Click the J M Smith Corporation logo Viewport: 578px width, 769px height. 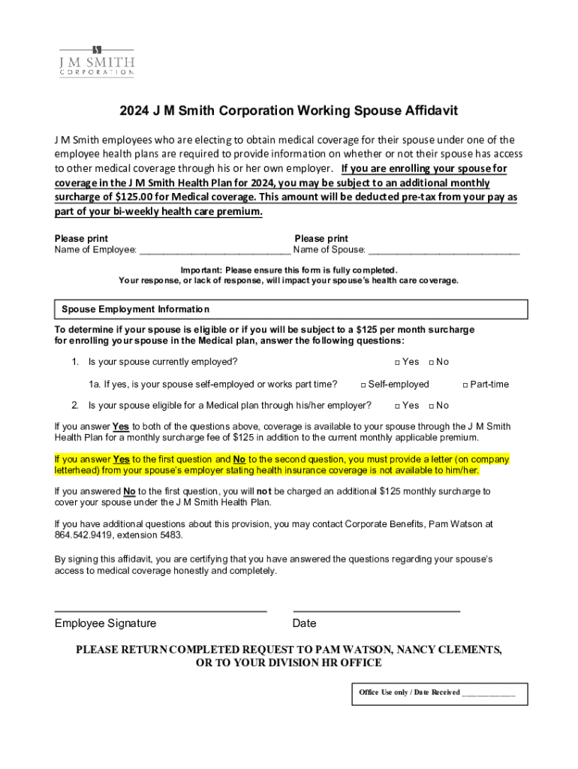97,61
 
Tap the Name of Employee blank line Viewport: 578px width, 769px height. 215,251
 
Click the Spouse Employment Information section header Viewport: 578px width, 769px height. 135,309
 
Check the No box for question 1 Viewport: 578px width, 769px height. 431,362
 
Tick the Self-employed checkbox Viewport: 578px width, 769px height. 363,384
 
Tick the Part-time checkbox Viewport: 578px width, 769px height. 465,384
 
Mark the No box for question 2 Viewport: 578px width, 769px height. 431,406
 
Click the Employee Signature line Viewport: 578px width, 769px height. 161,610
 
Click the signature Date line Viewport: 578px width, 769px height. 376,610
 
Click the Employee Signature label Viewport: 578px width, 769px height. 106,623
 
